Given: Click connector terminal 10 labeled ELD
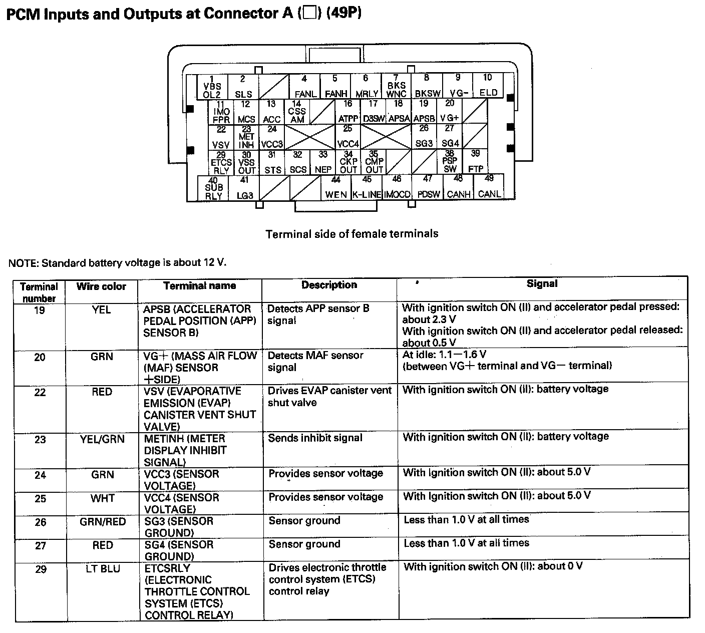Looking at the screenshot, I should [x=488, y=86].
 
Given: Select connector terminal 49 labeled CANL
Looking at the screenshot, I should [x=489, y=187].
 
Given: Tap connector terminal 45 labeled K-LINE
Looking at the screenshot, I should [x=367, y=187].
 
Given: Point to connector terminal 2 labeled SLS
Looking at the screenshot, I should [x=243, y=87].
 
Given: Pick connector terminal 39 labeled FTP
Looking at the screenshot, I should [x=475, y=162].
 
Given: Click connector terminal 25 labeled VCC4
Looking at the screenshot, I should [x=348, y=137].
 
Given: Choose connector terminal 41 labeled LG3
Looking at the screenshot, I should [x=244, y=188].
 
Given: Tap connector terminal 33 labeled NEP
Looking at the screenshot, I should [x=323, y=162].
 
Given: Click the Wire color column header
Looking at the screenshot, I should [x=101, y=287].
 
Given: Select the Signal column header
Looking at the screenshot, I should [x=542, y=284].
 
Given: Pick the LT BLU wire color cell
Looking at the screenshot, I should [x=103, y=569].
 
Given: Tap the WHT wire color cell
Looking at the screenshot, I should [x=103, y=498].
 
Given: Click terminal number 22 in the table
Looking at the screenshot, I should [x=40, y=392].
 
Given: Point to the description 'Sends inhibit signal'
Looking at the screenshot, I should [x=315, y=438].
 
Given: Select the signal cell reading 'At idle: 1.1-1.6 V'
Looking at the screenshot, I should [x=444, y=355].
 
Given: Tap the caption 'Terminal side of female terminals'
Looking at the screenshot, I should [x=352, y=234].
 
